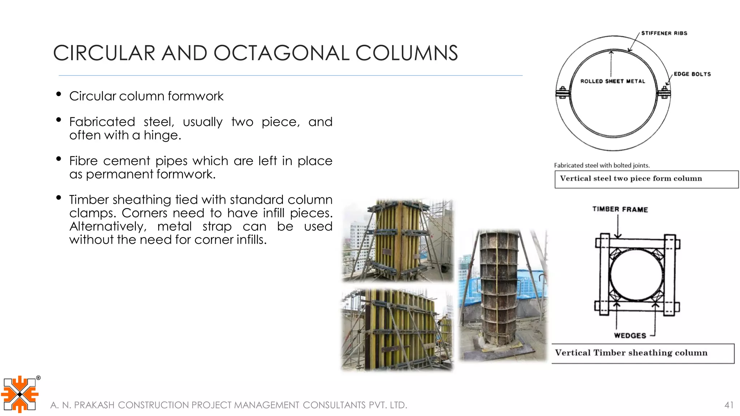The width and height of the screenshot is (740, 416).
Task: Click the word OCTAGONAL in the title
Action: [x=281, y=53]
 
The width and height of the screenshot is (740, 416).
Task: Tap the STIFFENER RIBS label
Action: [x=664, y=33]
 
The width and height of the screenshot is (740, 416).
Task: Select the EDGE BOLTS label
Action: [x=692, y=74]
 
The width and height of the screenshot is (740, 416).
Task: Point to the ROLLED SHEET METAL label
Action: [x=612, y=81]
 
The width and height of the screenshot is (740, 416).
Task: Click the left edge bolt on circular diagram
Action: [x=563, y=93]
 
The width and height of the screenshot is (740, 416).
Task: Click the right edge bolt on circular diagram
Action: [x=664, y=93]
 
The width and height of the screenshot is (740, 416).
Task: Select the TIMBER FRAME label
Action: [x=620, y=209]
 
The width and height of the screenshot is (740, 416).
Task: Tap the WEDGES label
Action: [x=630, y=335]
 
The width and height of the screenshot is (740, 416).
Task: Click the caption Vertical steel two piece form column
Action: [x=631, y=178]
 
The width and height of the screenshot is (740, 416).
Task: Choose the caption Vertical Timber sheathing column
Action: [x=631, y=353]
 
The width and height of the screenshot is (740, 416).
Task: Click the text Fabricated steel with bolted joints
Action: [x=602, y=165]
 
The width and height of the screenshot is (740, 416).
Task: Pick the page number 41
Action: [x=729, y=405]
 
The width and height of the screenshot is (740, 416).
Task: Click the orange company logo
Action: [x=20, y=394]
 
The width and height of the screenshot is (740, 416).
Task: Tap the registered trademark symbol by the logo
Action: [x=38, y=378]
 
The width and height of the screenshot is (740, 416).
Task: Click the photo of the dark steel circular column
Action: [x=502, y=294]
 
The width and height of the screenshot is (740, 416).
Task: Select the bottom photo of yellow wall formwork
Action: [x=397, y=329]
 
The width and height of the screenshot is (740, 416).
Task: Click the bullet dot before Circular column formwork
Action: [x=59, y=94]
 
